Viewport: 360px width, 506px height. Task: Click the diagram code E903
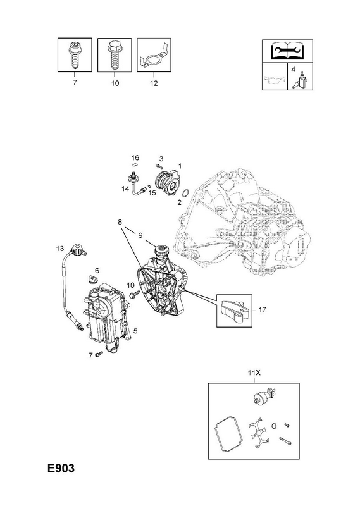(61, 468)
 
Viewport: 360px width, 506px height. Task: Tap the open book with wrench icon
(287, 51)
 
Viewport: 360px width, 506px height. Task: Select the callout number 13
(60, 249)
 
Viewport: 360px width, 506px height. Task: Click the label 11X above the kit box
(254, 373)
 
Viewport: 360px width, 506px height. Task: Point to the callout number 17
(262, 310)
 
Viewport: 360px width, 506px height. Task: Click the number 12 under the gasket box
(154, 83)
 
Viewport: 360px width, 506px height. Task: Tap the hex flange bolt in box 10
(114, 55)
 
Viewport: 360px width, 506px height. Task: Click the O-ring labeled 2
(185, 194)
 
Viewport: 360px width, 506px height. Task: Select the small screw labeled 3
(159, 166)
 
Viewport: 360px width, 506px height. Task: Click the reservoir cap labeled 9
(161, 250)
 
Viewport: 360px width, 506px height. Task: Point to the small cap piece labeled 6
(93, 278)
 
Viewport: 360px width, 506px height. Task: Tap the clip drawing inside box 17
(233, 311)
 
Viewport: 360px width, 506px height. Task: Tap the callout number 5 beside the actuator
(135, 331)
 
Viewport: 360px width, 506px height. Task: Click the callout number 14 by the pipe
(125, 188)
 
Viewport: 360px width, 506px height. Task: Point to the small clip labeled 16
(134, 164)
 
